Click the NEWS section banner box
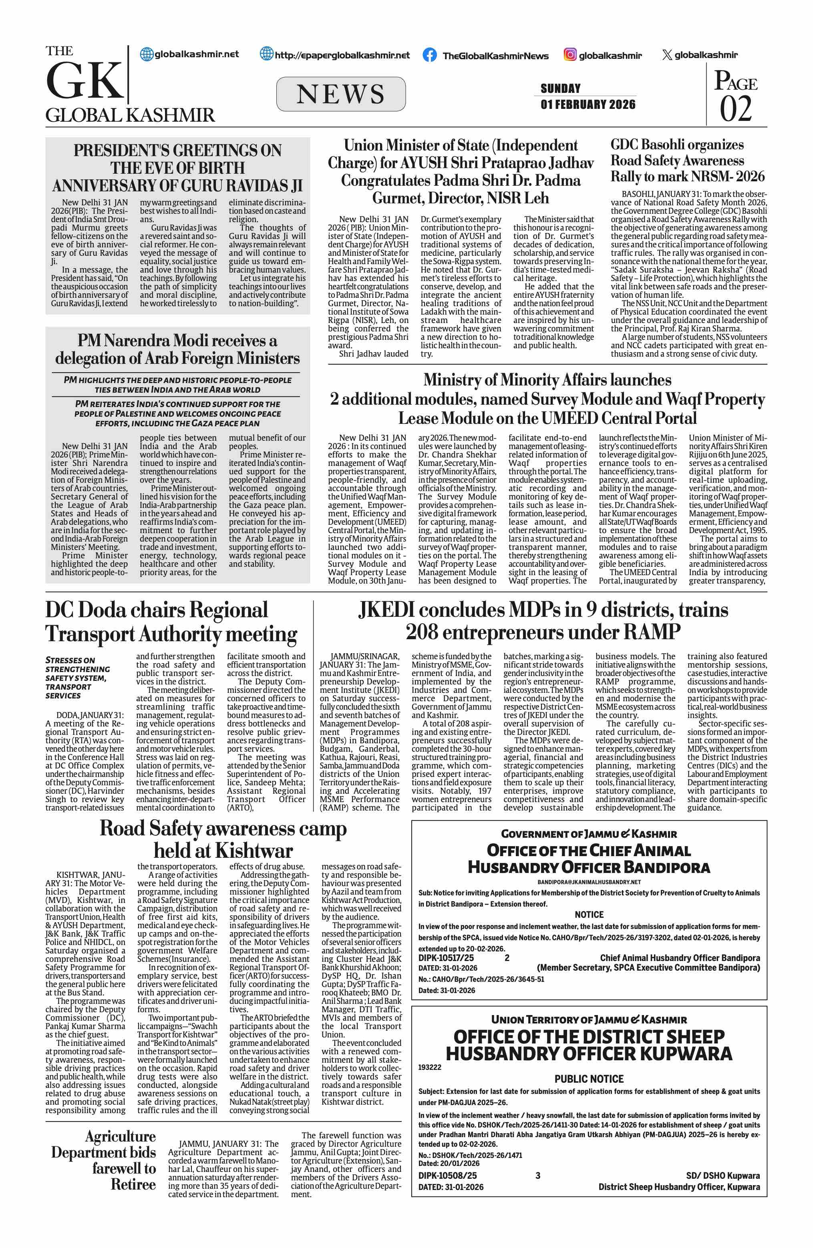coord(340,94)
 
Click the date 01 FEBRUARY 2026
coord(588,104)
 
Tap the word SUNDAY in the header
coord(560,88)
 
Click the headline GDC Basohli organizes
coord(676,145)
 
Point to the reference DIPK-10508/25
coord(447,1175)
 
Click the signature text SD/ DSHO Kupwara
coord(722,1175)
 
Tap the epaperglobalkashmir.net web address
coord(342,55)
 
